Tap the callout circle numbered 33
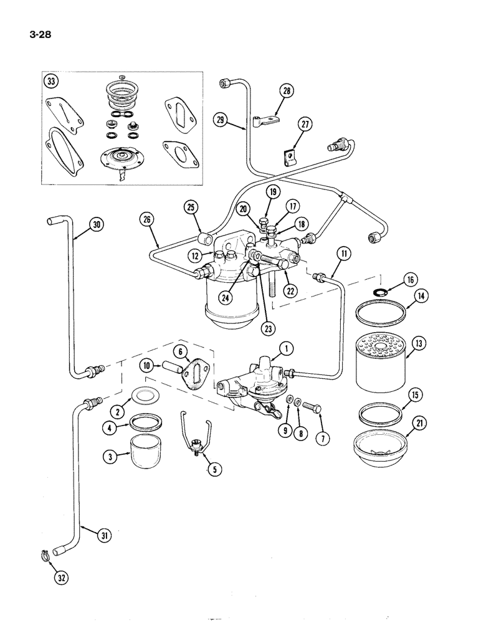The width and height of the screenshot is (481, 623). tap(50, 81)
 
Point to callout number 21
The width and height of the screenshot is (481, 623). tap(418, 425)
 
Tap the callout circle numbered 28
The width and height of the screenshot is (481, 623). tap(286, 91)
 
